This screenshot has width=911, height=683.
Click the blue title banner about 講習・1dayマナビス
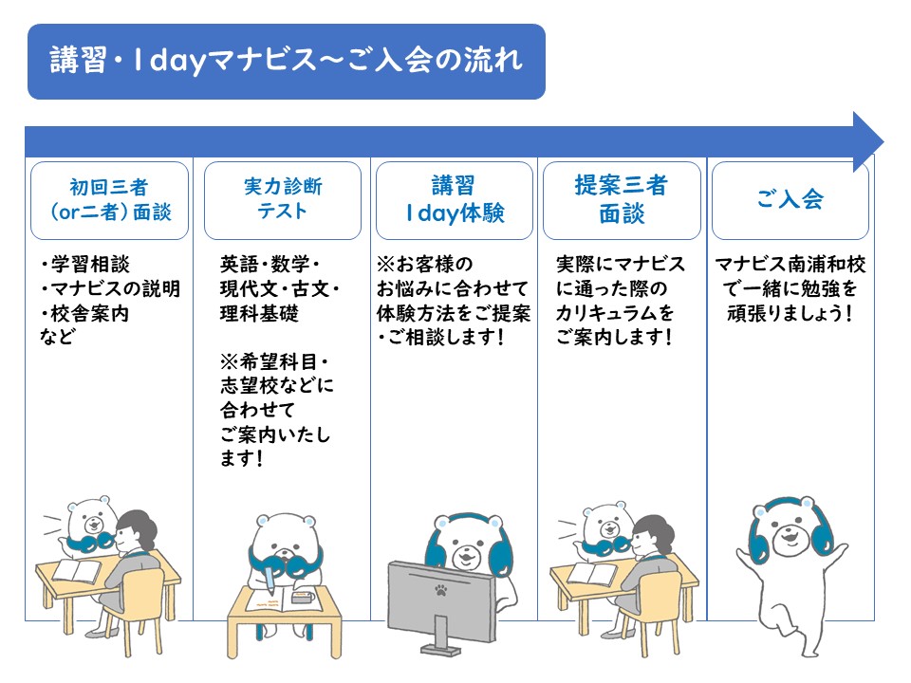[287, 62]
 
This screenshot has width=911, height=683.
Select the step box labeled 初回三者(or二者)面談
[110, 200]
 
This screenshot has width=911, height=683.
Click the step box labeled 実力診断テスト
[283, 200]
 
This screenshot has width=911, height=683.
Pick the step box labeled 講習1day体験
[455, 200]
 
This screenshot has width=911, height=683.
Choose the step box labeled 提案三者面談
[622, 200]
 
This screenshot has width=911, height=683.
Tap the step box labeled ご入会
[790, 200]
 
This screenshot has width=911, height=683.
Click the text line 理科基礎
[259, 314]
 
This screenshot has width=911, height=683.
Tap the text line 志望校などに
[277, 386]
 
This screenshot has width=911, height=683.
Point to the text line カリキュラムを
[615, 313]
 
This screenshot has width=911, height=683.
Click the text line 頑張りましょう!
[790, 314]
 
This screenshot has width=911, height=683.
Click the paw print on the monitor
[441, 591]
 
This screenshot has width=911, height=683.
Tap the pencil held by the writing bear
[270, 581]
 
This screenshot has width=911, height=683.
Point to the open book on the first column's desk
[77, 570]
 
